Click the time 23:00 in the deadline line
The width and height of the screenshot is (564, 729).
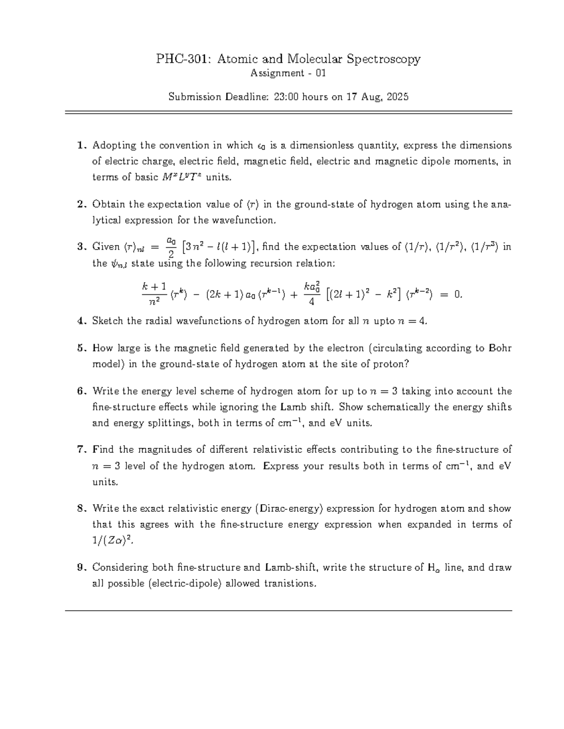click(287, 97)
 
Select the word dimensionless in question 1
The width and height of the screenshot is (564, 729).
click(314, 146)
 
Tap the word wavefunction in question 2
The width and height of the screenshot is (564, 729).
click(247, 220)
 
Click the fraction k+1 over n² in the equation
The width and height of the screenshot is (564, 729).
click(154, 294)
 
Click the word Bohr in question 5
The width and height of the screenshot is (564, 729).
click(500, 348)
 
